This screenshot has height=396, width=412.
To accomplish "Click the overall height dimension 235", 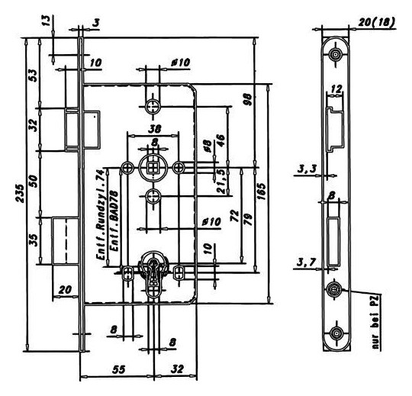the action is pos(20,193).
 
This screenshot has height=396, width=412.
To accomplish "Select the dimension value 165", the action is pos(262,192).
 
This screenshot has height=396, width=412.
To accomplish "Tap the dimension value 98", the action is pos(248,99).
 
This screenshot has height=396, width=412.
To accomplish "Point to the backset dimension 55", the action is pos(119,369).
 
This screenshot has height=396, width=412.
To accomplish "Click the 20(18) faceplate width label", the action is pos(377,23).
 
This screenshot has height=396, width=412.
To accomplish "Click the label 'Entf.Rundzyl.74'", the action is pos(101,214).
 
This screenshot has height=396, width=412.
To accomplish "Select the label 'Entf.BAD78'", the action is pos(114,221).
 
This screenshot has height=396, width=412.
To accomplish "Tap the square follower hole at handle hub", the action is pos(153,167).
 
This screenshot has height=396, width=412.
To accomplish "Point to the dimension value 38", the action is pos(154,129).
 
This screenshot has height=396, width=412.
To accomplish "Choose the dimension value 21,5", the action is pos(221,181).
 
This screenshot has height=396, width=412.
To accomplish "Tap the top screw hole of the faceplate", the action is pos(335,55).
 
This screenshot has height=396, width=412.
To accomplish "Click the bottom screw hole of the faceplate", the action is pos(336,333).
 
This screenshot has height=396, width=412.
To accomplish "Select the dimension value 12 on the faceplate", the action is pos(336,89).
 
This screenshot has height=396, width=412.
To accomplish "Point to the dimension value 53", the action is pos(34,76).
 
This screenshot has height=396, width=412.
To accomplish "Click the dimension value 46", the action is pos(220,140).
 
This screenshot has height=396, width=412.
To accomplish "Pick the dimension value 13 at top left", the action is pos(46,21).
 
